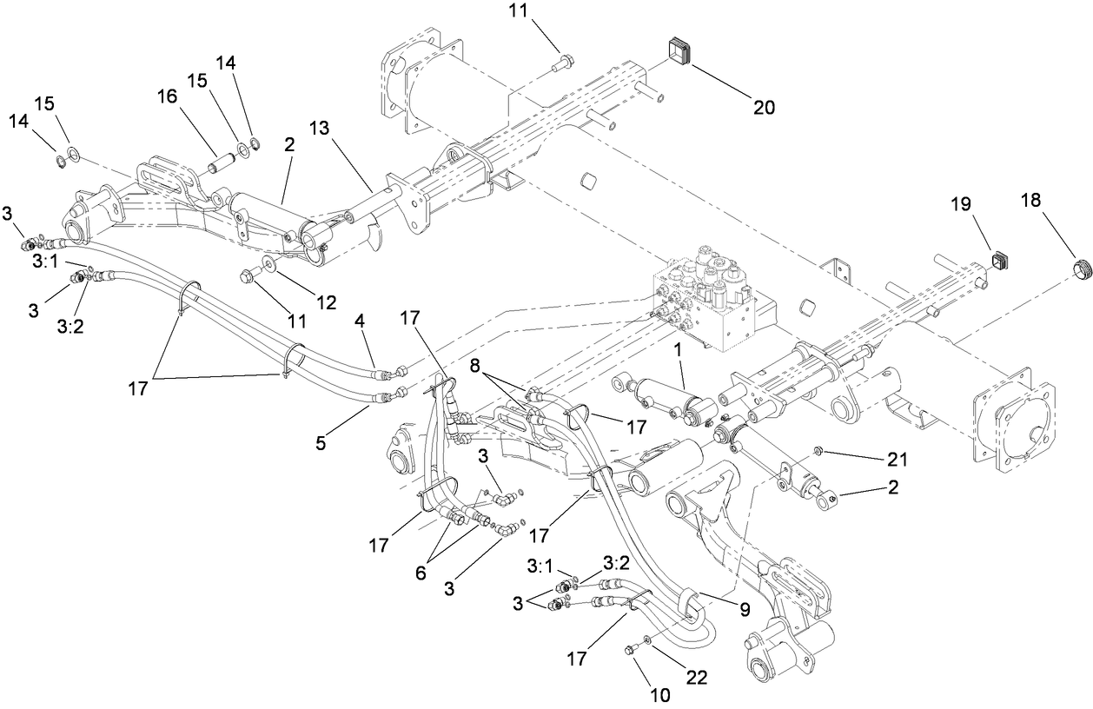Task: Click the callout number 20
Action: (x=763, y=107)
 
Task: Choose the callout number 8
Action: (x=475, y=366)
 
